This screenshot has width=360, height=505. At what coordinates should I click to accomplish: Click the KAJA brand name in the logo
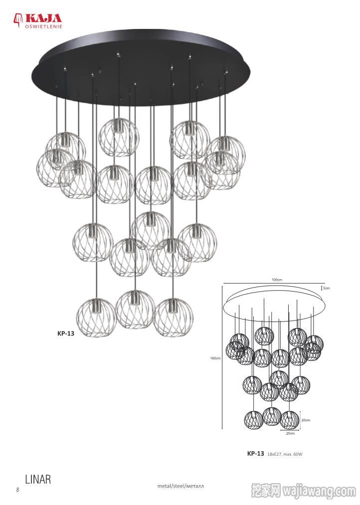click(43, 18)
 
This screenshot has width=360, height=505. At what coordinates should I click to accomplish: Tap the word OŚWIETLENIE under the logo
click(43, 26)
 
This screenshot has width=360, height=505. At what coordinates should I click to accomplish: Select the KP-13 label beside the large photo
click(66, 334)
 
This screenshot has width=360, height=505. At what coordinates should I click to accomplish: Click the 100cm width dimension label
click(277, 280)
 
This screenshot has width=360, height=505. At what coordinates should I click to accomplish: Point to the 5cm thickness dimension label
click(327, 288)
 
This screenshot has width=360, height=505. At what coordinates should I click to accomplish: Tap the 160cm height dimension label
click(215, 358)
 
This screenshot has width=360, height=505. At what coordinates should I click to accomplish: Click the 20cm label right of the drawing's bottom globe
click(306, 420)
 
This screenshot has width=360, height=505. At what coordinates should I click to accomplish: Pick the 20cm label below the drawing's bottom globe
click(290, 434)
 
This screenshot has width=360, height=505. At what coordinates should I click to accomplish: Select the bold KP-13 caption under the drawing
click(256, 454)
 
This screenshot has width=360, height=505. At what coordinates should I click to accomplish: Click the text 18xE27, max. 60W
click(285, 454)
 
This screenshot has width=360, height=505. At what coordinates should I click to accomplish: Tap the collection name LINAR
click(38, 479)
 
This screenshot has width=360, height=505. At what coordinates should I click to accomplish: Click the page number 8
click(18, 490)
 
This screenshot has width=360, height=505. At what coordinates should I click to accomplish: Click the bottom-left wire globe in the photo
click(96, 318)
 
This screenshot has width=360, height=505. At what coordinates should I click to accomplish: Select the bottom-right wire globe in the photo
click(173, 318)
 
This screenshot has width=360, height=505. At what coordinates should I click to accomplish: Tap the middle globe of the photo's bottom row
click(135, 310)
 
